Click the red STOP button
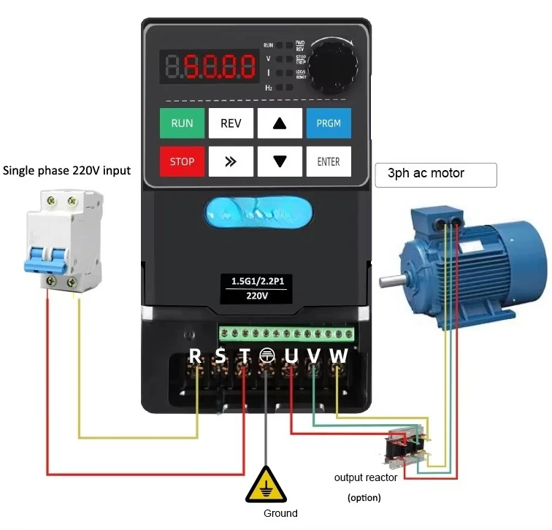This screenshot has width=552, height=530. (x=183, y=161)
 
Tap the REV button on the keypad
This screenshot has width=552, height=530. (x=231, y=123)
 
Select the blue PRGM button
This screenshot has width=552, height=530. (x=328, y=123)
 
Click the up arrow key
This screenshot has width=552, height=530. (x=280, y=123)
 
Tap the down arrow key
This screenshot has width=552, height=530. (x=280, y=161)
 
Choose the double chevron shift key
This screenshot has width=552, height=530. (x=231, y=161)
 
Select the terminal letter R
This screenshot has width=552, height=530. (x=195, y=356)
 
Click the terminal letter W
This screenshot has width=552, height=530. (x=339, y=356)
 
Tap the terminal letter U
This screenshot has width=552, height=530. (x=291, y=356)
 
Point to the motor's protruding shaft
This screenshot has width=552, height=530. (x=391, y=280)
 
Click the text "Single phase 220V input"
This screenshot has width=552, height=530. (x=67, y=171)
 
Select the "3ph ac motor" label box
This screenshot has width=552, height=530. (x=436, y=174)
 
